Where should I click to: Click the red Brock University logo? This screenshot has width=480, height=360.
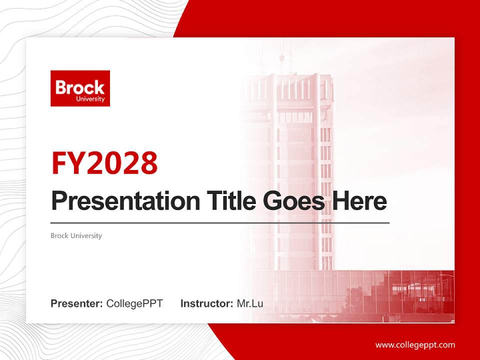80,88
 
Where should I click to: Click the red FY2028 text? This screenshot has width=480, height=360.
104,162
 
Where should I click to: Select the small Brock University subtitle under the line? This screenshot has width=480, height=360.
76,235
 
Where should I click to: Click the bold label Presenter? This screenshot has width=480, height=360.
77,303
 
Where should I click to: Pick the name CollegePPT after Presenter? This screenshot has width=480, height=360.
134,303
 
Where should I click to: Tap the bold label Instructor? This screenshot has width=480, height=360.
206,303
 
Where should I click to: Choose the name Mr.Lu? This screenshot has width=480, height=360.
250,303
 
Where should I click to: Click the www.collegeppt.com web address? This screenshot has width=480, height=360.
415,345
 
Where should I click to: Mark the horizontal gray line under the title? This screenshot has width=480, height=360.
220,222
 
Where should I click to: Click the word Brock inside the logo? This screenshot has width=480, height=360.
80,87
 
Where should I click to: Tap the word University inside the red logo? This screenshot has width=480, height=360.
90,99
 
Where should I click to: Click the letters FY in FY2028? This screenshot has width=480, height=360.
69,162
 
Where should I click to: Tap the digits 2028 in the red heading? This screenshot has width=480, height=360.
122,162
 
